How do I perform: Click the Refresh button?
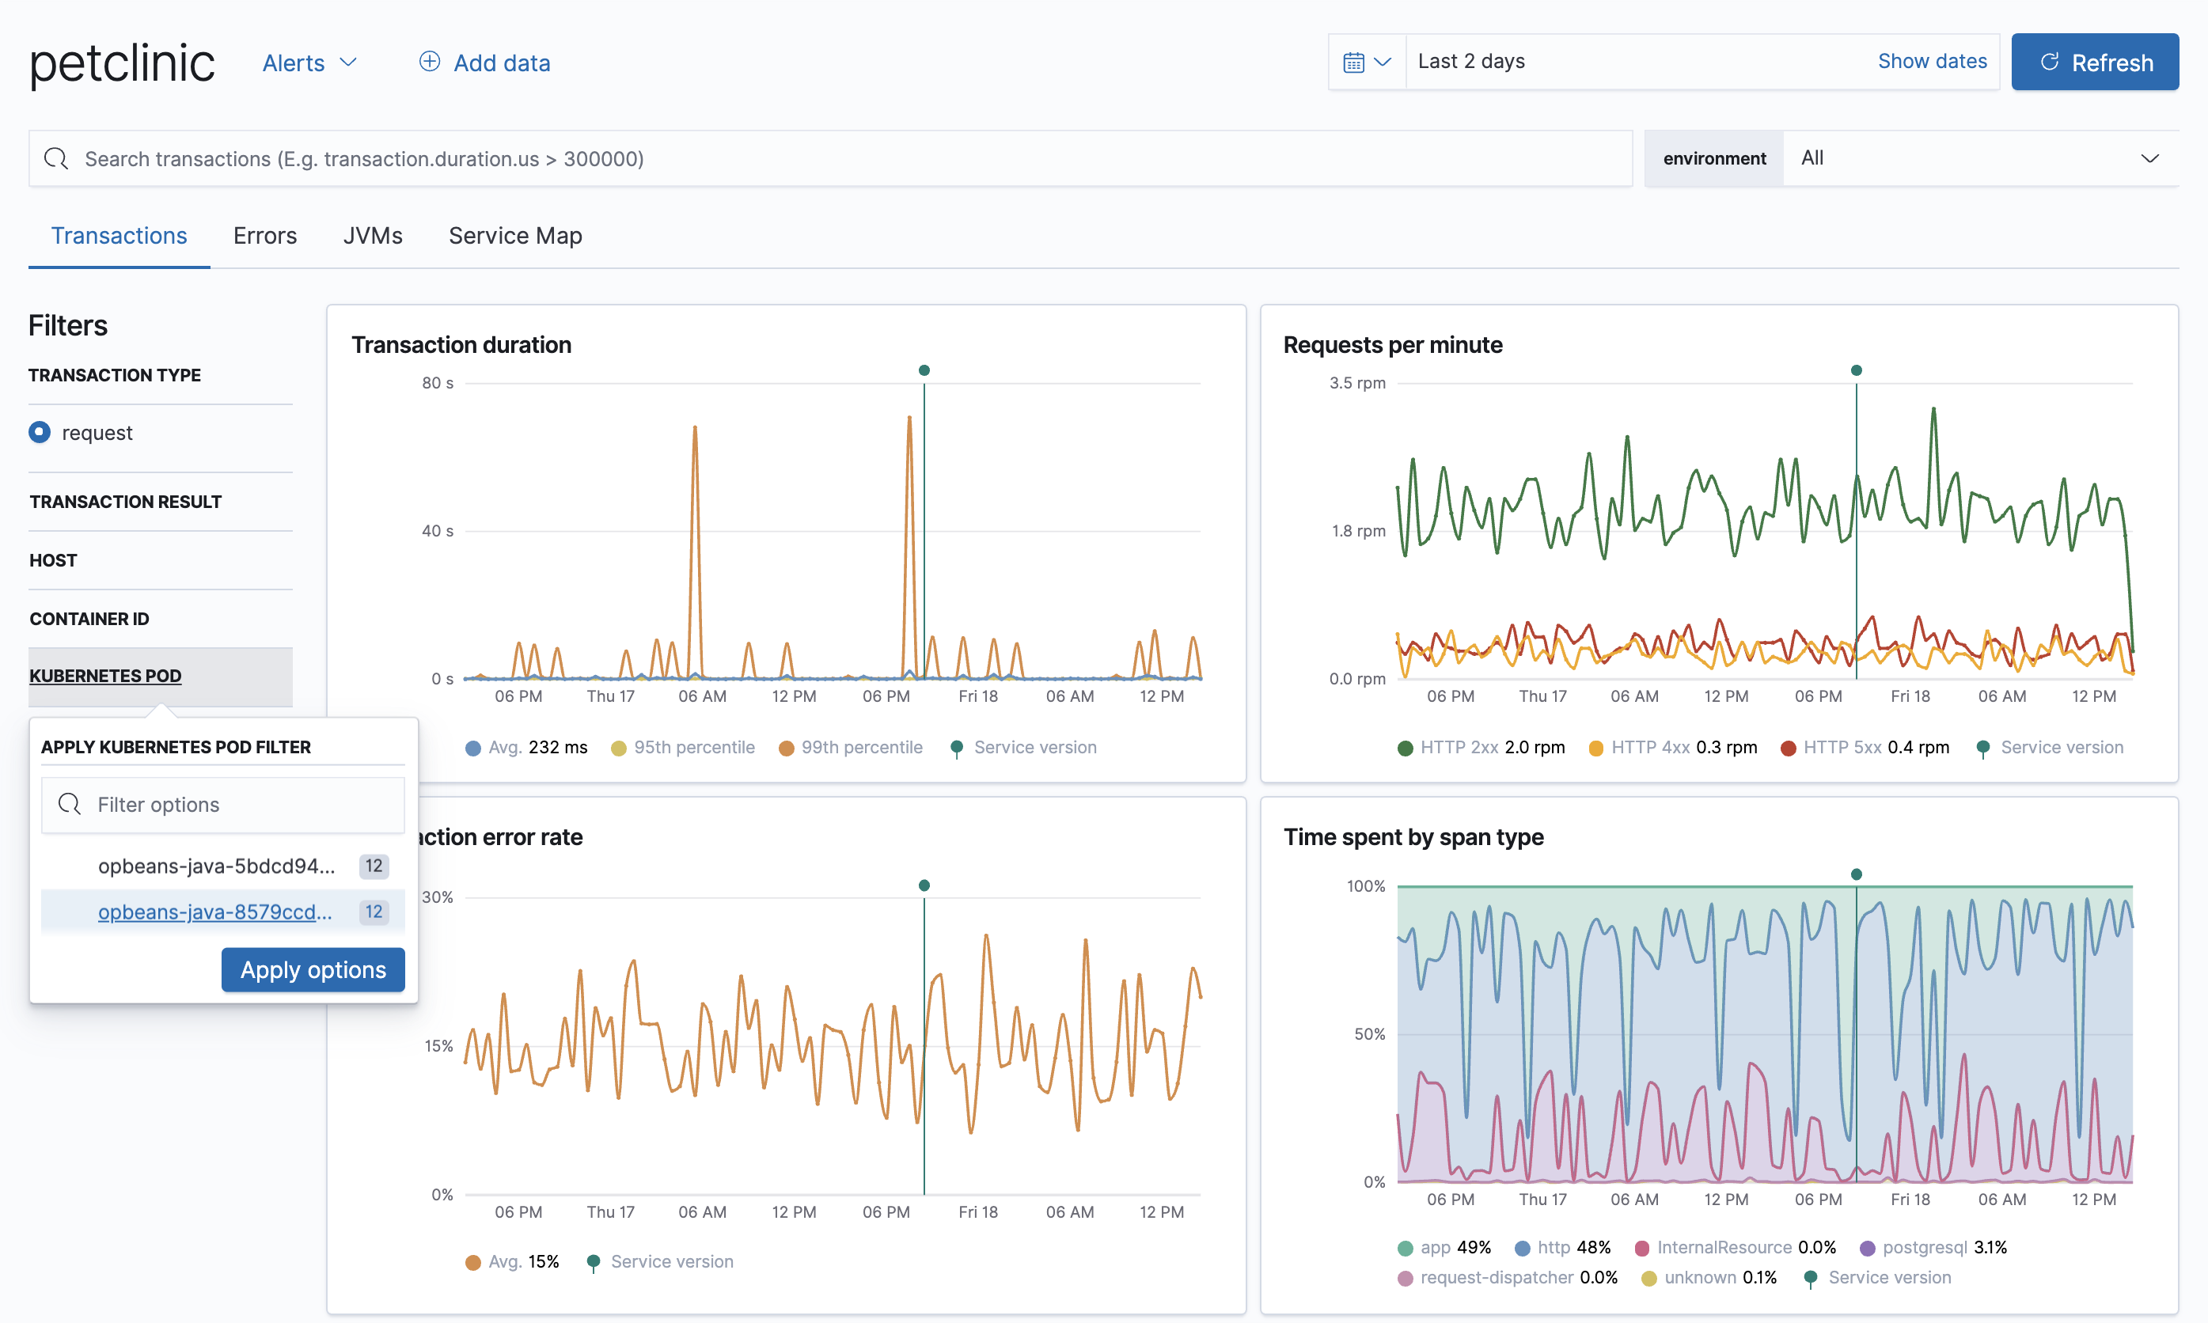(2094, 63)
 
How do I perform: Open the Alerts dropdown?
(309, 63)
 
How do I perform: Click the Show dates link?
(1931, 62)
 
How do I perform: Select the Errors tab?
(265, 235)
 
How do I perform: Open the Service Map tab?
(514, 235)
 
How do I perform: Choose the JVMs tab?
(373, 235)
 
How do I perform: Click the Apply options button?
(313, 969)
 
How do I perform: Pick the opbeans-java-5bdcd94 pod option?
(217, 866)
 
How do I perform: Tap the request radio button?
(40, 432)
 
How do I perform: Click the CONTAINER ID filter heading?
(89, 619)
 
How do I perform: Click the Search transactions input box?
(829, 159)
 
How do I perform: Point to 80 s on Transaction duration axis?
(437, 383)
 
